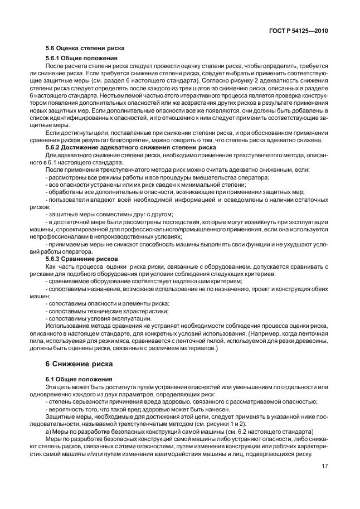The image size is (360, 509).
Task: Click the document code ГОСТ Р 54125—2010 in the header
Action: pos(298,32)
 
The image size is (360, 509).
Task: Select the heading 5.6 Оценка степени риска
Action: pos(84,49)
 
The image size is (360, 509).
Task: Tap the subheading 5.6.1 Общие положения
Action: pos(81,59)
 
